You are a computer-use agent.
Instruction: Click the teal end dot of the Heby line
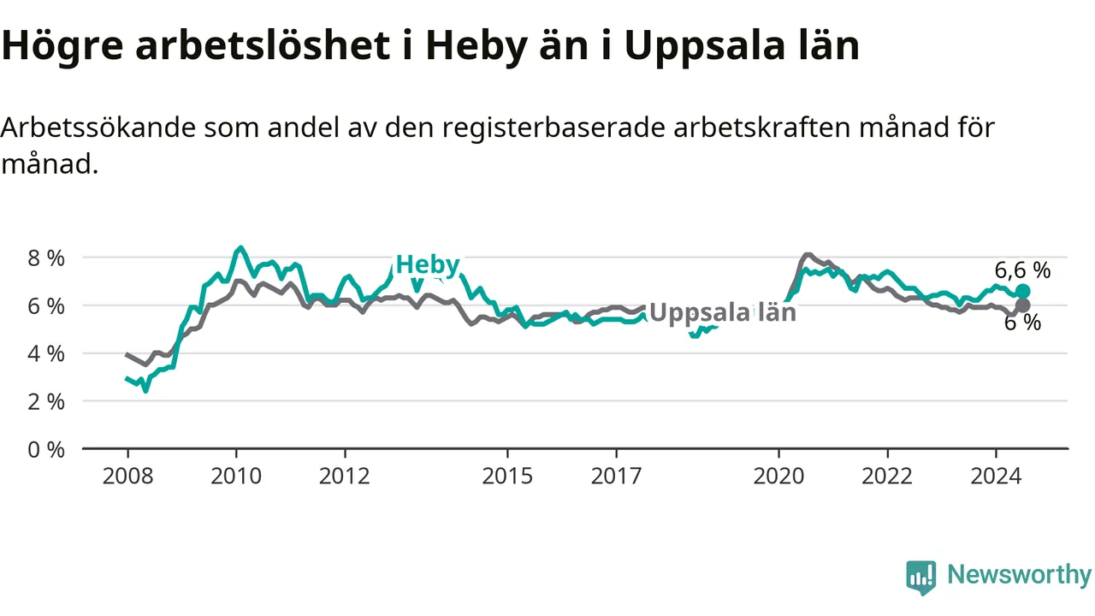tap(1022, 292)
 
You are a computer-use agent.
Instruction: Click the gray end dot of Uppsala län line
tap(1022, 305)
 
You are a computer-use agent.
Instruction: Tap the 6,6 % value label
tap(1022, 269)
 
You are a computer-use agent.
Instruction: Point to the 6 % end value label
tap(1022, 323)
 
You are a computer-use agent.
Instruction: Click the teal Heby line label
tap(428, 264)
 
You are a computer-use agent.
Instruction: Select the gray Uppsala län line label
tap(723, 312)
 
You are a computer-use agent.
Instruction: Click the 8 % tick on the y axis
tap(46, 258)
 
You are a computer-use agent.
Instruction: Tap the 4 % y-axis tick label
tap(46, 353)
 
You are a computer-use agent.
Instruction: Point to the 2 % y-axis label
tap(46, 402)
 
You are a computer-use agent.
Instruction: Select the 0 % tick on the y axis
tap(46, 449)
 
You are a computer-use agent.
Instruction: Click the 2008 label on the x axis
tap(128, 476)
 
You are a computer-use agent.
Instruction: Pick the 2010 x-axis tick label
tap(237, 476)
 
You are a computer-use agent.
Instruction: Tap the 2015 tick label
tap(507, 476)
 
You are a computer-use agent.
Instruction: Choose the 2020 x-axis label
tap(778, 476)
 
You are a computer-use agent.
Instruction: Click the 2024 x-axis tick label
tap(996, 476)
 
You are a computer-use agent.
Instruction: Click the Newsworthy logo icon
tap(921, 577)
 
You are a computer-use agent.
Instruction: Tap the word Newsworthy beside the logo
tap(1019, 574)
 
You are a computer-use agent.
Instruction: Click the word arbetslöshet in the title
tap(263, 45)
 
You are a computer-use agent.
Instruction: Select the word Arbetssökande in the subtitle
tap(98, 127)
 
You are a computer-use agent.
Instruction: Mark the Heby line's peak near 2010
tap(240, 247)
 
